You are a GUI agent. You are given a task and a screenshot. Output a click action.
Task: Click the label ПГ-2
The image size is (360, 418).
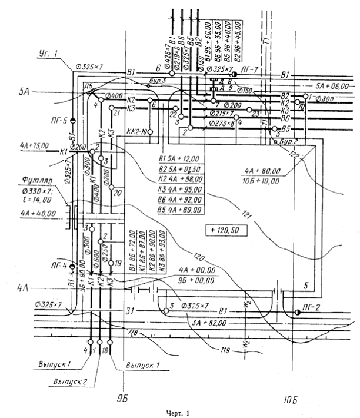click(312, 306)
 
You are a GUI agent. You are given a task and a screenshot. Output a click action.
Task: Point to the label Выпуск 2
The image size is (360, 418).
click(66, 381)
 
